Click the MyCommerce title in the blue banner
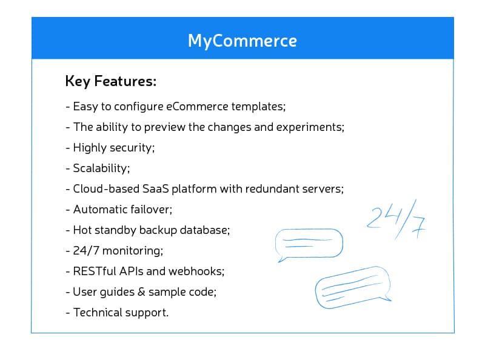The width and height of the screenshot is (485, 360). [x=242, y=41]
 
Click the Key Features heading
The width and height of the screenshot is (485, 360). [x=111, y=82]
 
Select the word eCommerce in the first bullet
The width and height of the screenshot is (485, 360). [x=198, y=107]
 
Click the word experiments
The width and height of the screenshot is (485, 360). [x=310, y=128]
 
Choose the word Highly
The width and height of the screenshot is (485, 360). [x=90, y=148]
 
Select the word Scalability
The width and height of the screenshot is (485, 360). [x=101, y=168]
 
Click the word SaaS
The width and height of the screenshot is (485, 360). [x=155, y=189]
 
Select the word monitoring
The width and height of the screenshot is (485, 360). [x=132, y=251]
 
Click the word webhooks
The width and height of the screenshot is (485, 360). [x=196, y=272]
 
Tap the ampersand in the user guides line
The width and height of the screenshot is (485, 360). [x=141, y=292]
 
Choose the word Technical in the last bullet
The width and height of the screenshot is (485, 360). [x=95, y=312]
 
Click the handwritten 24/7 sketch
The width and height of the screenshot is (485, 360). [x=396, y=220]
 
